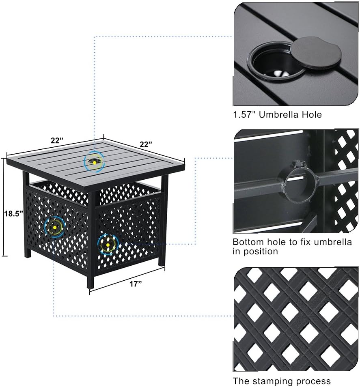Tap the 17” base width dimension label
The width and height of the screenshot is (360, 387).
(x=136, y=284)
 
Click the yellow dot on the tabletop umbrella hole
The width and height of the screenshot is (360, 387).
(x=94, y=163)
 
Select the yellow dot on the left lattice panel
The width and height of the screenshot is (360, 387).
(x=54, y=227)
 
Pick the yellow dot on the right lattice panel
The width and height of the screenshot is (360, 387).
(x=108, y=245)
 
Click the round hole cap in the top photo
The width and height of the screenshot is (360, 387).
(x=316, y=53)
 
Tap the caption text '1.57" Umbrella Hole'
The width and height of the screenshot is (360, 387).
(x=277, y=115)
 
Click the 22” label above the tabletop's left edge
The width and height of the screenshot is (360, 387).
(x=57, y=140)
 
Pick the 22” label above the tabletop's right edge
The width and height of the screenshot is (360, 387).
(x=145, y=144)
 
